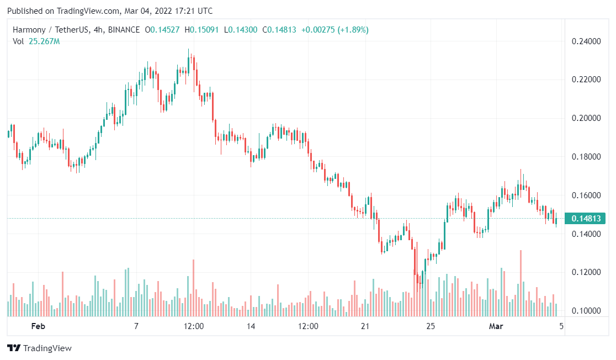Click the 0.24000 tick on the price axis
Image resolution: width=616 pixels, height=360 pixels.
586,41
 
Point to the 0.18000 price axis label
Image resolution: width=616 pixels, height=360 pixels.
586,157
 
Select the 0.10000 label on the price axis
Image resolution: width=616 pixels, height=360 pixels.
586,311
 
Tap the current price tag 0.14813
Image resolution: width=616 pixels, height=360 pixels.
586,218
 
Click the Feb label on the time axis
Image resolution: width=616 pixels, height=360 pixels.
38,326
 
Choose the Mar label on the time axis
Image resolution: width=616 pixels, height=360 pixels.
496,326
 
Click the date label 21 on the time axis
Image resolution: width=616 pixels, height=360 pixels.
365,326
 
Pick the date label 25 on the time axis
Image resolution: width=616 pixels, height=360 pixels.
431,326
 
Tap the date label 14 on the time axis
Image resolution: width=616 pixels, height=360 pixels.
251,326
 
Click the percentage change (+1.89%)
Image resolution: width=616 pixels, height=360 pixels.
350,30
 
